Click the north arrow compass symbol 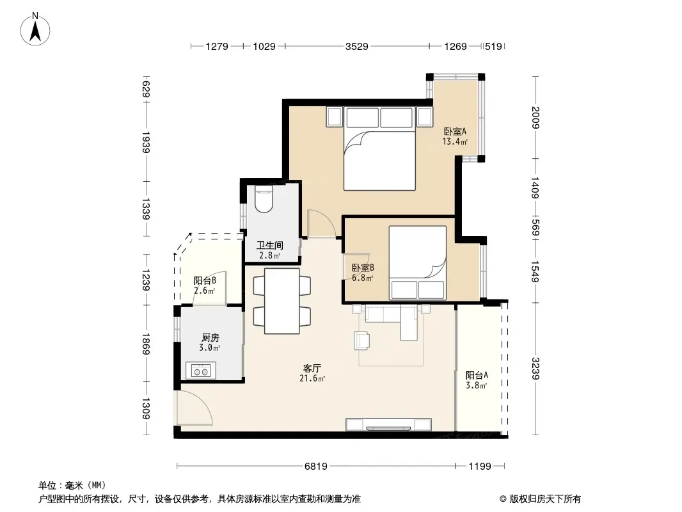(x=35, y=29)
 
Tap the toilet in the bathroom (x=264, y=199)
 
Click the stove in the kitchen (x=200, y=371)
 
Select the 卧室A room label (x=455, y=131)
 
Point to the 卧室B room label (x=363, y=268)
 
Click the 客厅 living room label (x=312, y=368)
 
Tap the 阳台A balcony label (x=477, y=375)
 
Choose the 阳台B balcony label (x=205, y=280)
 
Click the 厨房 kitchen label (x=210, y=337)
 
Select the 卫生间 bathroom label (x=270, y=245)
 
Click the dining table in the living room (x=282, y=301)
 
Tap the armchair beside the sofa (x=362, y=340)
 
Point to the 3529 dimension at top (x=356, y=46)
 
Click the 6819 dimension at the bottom (x=315, y=467)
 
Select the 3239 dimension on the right (x=535, y=368)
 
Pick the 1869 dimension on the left (x=146, y=344)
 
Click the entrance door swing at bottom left (x=194, y=408)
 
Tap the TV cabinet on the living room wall (x=388, y=424)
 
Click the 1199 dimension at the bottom (x=480, y=467)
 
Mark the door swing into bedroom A (x=321, y=223)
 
